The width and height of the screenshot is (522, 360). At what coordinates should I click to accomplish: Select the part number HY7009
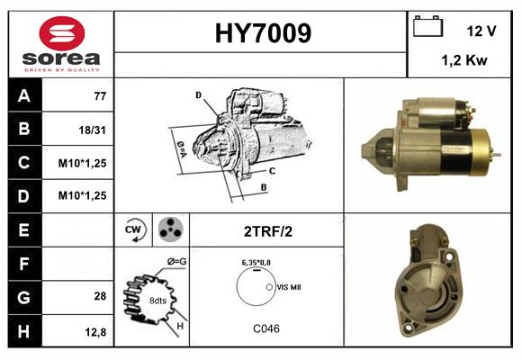(263, 34)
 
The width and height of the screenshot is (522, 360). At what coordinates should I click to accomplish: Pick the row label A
(23, 95)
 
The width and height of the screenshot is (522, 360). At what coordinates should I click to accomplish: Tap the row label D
(23, 195)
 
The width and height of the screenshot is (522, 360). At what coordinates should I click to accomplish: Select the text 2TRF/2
(266, 230)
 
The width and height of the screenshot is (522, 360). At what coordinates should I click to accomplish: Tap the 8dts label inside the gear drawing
(159, 300)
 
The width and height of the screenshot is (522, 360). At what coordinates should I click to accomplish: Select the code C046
(265, 328)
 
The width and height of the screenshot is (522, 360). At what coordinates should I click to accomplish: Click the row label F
(23, 264)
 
